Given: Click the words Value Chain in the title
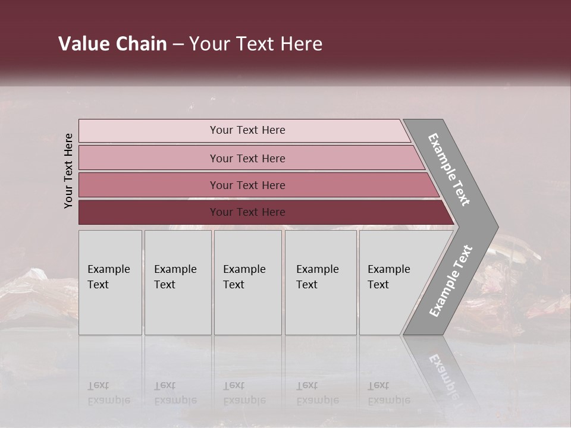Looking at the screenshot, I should pos(112,44).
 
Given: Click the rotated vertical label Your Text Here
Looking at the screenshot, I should pos(68,171).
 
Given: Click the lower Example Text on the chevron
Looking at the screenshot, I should pos(451,281).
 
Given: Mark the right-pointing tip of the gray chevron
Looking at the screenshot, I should pos(497,227).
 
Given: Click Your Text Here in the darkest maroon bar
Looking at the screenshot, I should pos(247,212).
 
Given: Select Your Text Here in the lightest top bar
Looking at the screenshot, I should pos(247,130).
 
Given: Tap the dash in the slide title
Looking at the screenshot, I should pos(178,45).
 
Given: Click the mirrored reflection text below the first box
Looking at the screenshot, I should pos(108,393).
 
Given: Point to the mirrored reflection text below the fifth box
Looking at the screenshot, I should pos(389,393).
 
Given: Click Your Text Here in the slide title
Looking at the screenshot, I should pos(256,44).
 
